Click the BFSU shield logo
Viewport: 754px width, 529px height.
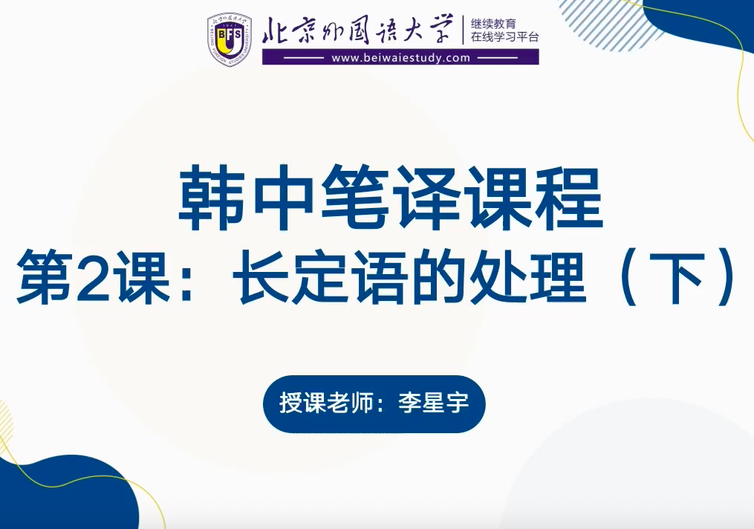tap(230, 39)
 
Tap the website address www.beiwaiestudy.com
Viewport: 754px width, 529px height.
tap(400, 58)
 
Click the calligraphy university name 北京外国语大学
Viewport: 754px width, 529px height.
tap(358, 30)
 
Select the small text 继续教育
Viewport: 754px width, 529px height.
tap(493, 24)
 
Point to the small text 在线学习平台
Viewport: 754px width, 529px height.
tap(505, 37)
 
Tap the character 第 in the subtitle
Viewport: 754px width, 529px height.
tap(45, 277)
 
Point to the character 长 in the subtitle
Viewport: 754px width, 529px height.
tap(260, 277)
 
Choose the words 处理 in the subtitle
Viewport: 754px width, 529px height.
tap(527, 277)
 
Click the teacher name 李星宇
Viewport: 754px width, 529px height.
tap(433, 403)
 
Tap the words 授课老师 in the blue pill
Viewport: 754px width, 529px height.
tap(326, 403)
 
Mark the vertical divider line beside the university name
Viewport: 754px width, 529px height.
tap(463, 30)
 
